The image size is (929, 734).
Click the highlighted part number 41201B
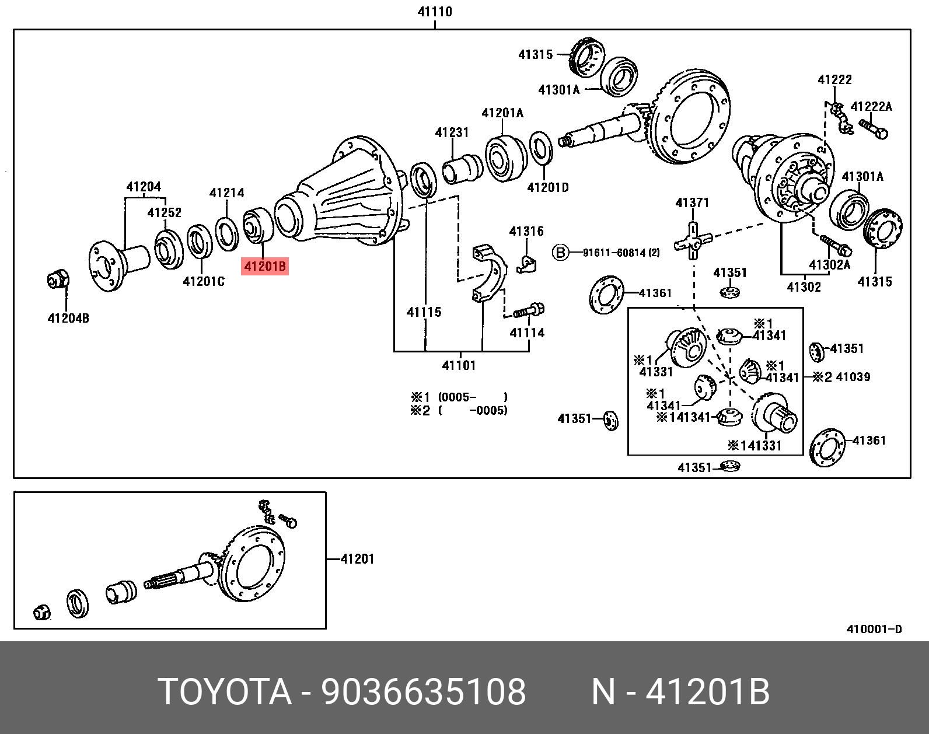pos(265,267)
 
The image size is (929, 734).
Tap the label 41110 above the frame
pos(435,12)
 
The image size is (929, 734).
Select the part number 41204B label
pos(68,318)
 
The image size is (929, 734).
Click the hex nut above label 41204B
pos(58,281)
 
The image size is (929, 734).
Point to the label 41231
pos(452,132)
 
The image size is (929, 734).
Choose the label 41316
pos(526,232)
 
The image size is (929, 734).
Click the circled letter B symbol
pos(560,253)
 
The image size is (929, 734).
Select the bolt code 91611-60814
pos(621,253)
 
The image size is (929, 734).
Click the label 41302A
pos(829,265)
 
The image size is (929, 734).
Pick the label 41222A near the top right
pos(871,106)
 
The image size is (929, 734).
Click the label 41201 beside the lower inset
pos(357,559)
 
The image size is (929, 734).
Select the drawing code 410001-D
pos(874,629)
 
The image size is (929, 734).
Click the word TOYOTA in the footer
pos(225,692)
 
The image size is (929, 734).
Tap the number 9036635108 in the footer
pos(424,692)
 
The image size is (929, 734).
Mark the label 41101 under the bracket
pos(459,366)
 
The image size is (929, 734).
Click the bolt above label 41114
pos(530,310)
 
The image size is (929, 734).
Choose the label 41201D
pos(547,187)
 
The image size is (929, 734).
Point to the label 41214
pos(226,193)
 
